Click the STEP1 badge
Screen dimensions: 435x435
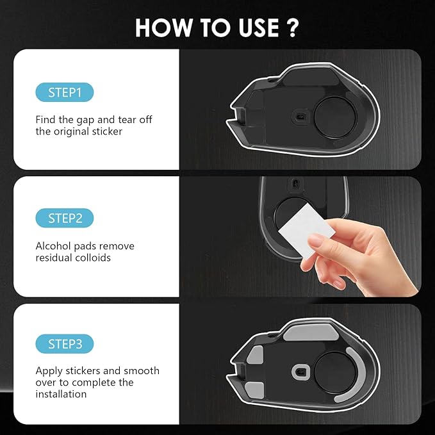coord(65,92)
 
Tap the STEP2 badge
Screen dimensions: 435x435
coord(65,218)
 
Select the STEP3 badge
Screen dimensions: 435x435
coord(65,344)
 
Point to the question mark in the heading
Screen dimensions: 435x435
coord(291,28)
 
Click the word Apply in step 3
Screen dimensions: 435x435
coord(49,371)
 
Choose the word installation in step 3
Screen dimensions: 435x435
coord(61,394)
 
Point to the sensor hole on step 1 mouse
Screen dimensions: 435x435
coord(299,116)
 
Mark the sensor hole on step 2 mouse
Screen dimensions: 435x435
coord(295,183)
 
